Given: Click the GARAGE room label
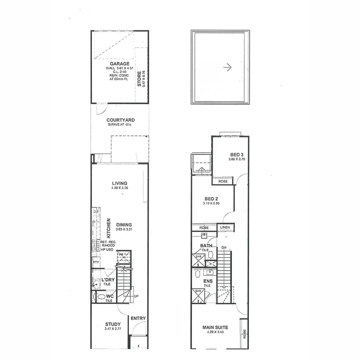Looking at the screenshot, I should (x=120, y=64).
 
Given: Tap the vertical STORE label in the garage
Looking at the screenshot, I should (x=139, y=79).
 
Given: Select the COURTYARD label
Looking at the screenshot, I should (x=120, y=120).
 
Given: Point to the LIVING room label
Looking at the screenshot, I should (x=120, y=183).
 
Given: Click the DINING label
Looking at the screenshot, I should (x=124, y=225).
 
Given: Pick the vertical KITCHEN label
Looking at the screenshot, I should (x=108, y=228).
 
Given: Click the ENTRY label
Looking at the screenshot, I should (x=138, y=318).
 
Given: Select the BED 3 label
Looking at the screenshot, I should (x=237, y=154).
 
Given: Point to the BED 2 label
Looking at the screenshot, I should (x=211, y=198).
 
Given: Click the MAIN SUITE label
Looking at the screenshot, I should (x=215, y=327).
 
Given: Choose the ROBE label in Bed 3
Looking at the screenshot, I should (x=223, y=181).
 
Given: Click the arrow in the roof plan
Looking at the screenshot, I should (x=227, y=68).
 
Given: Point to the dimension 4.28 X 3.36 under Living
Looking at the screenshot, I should (x=120, y=188).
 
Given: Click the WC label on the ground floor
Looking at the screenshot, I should (x=109, y=296).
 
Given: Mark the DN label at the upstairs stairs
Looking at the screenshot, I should (x=224, y=248).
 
